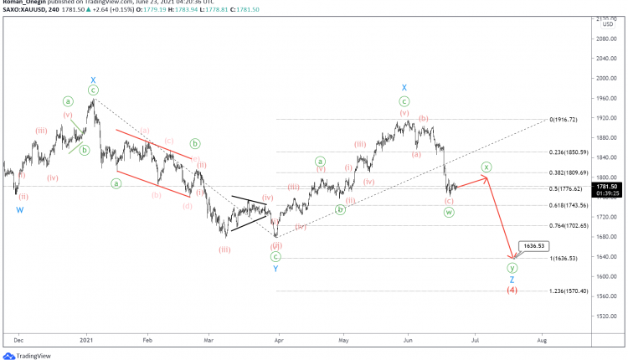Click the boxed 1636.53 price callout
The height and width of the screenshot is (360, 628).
[532, 246]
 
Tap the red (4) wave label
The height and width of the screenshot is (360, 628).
[512, 291]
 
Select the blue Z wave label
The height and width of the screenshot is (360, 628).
[512, 280]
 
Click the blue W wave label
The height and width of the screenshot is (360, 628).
[19, 210]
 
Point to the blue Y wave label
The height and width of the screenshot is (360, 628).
[275, 269]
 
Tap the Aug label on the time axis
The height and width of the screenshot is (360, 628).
[541, 341]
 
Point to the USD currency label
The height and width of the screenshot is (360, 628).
[608, 24]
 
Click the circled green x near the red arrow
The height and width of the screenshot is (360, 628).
[486, 167]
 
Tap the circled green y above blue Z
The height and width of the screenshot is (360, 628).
[512, 268]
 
